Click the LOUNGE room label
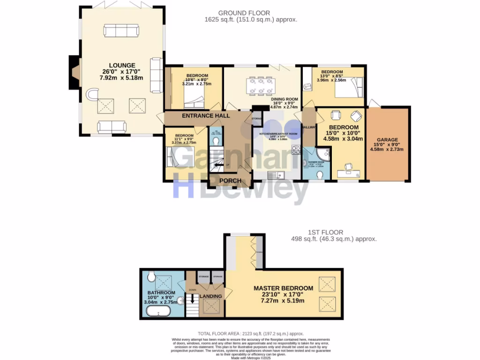(122, 65)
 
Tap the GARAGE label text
(387, 140)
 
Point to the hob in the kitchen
(296, 150)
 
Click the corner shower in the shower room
(324, 154)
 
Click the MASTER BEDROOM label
(283, 288)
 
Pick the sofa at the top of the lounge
(121, 31)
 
